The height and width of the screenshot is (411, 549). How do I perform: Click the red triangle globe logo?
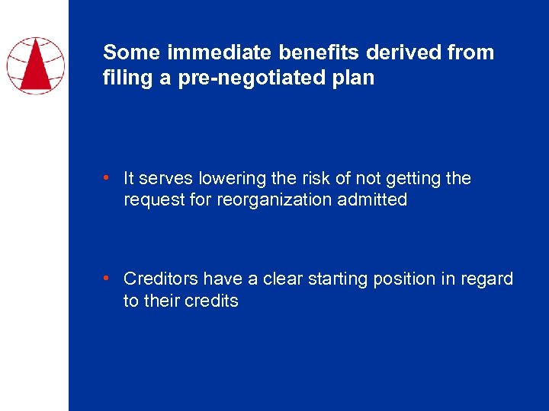pyautogui.click(x=35, y=65)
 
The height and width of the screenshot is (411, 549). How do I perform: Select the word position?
pyautogui.click(x=402, y=279)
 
